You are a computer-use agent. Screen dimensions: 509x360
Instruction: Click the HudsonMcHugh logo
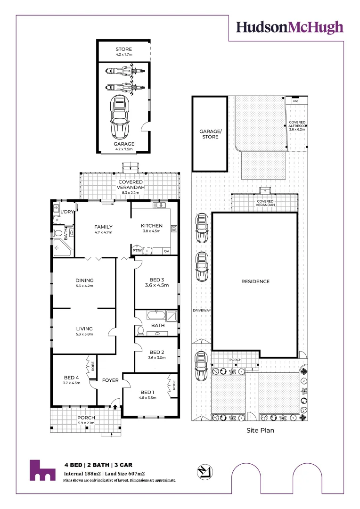290,27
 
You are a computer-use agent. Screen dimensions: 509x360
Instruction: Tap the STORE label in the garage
124,49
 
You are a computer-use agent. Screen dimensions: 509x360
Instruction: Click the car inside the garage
120,118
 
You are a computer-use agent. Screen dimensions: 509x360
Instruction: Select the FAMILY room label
103,227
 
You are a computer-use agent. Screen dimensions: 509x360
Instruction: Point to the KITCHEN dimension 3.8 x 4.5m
151,231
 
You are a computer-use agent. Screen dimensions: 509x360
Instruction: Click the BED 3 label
155,279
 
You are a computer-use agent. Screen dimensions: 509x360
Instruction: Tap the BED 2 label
156,352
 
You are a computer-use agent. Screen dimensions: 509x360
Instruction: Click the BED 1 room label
147,392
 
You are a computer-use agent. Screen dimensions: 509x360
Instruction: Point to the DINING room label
84,280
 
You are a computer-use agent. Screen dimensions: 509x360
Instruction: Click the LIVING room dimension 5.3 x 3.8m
84,334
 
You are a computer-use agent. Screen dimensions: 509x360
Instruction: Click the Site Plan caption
260,430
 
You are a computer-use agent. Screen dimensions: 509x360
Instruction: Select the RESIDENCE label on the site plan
255,282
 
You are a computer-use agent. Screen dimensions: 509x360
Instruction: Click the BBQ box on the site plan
296,101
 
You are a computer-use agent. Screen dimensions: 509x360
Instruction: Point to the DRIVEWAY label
201,311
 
